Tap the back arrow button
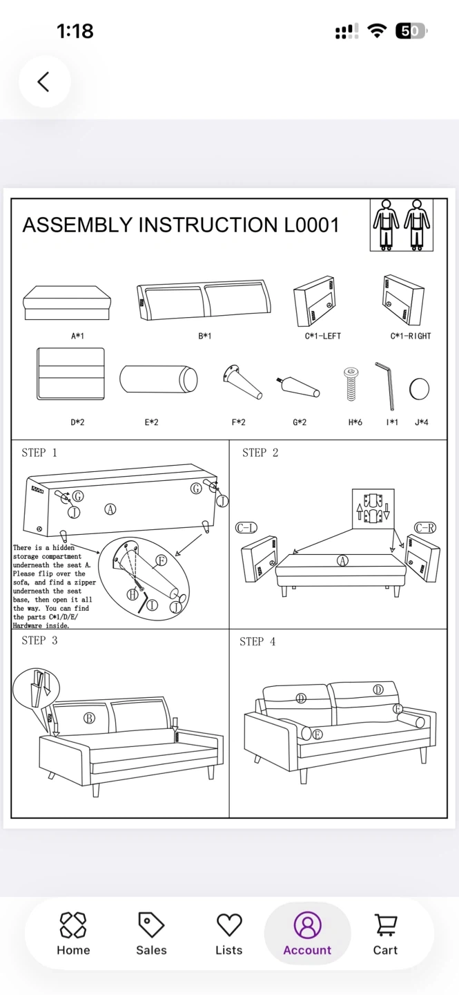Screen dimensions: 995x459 44,82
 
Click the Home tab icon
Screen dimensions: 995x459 73,925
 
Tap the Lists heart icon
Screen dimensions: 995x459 229,925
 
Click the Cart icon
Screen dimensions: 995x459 385,925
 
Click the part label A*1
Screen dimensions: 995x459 77,337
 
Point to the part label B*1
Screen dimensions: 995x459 205,337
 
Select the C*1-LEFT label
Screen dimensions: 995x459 323,337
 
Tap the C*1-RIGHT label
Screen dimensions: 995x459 411,337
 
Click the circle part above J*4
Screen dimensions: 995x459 419,389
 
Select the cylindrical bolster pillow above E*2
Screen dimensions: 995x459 158,380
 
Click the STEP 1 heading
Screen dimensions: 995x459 39,453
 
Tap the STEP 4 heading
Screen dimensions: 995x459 257,642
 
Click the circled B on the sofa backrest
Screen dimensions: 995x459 89,718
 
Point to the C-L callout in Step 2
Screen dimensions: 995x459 246,528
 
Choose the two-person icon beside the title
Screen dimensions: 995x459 402,225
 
